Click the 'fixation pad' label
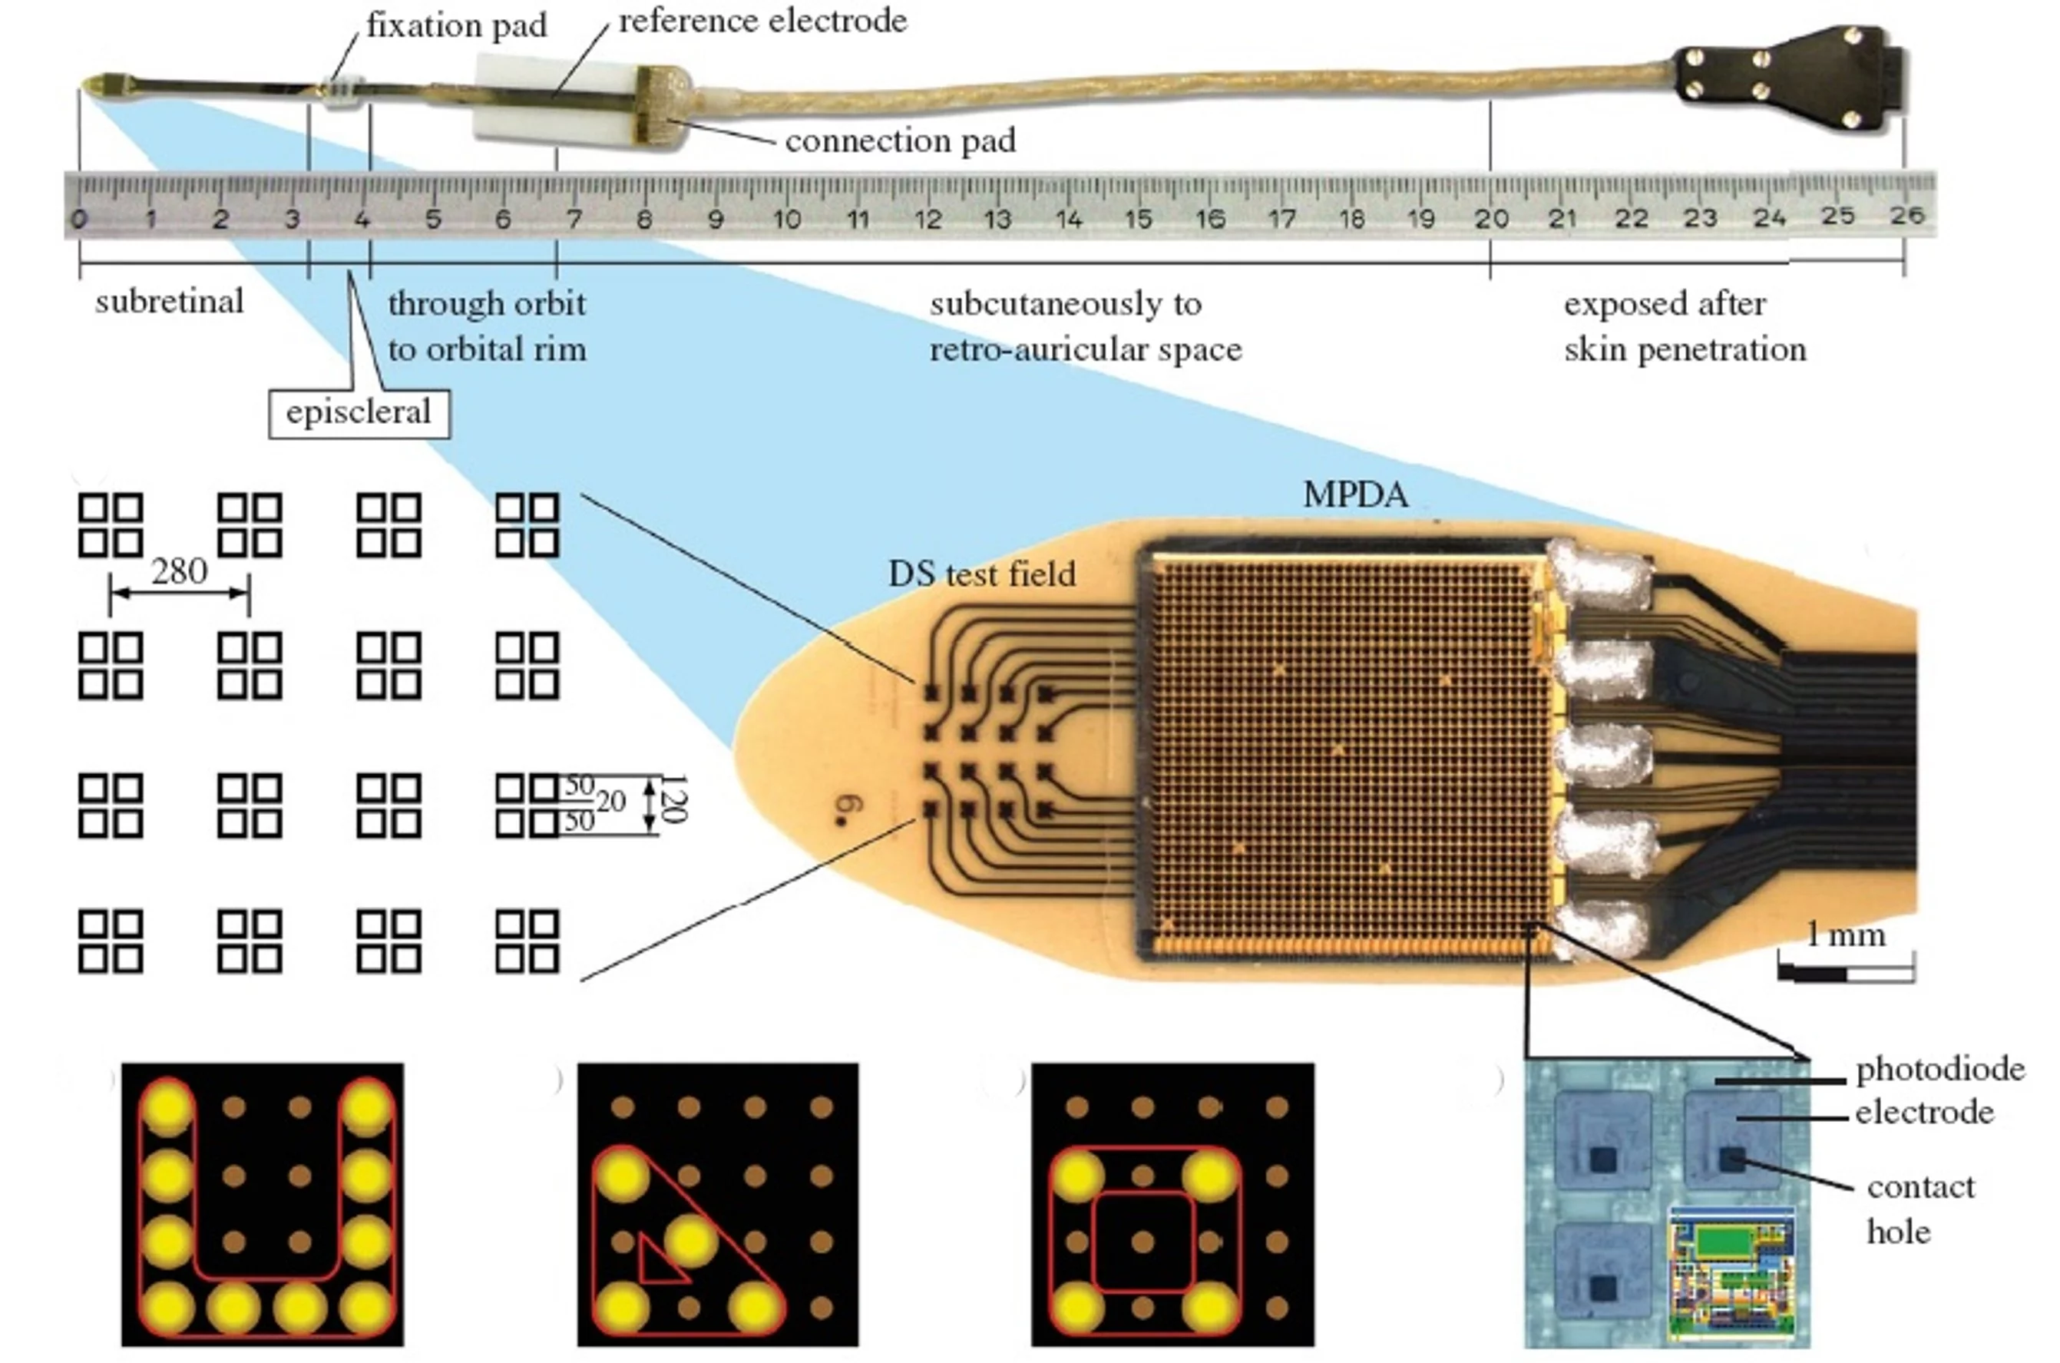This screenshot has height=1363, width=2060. click(456, 26)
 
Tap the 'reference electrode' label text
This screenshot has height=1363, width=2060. click(762, 21)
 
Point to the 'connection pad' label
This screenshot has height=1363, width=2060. click(900, 141)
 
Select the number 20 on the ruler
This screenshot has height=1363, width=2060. click(1490, 218)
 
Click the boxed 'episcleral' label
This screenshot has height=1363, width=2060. click(358, 412)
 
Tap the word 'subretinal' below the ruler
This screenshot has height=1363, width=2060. click(170, 302)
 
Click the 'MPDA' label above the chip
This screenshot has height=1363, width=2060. click(1354, 495)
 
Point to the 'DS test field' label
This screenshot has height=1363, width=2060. click(981, 574)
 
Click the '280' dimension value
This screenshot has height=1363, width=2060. click(179, 571)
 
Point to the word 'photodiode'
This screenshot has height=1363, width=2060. click(1939, 1069)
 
